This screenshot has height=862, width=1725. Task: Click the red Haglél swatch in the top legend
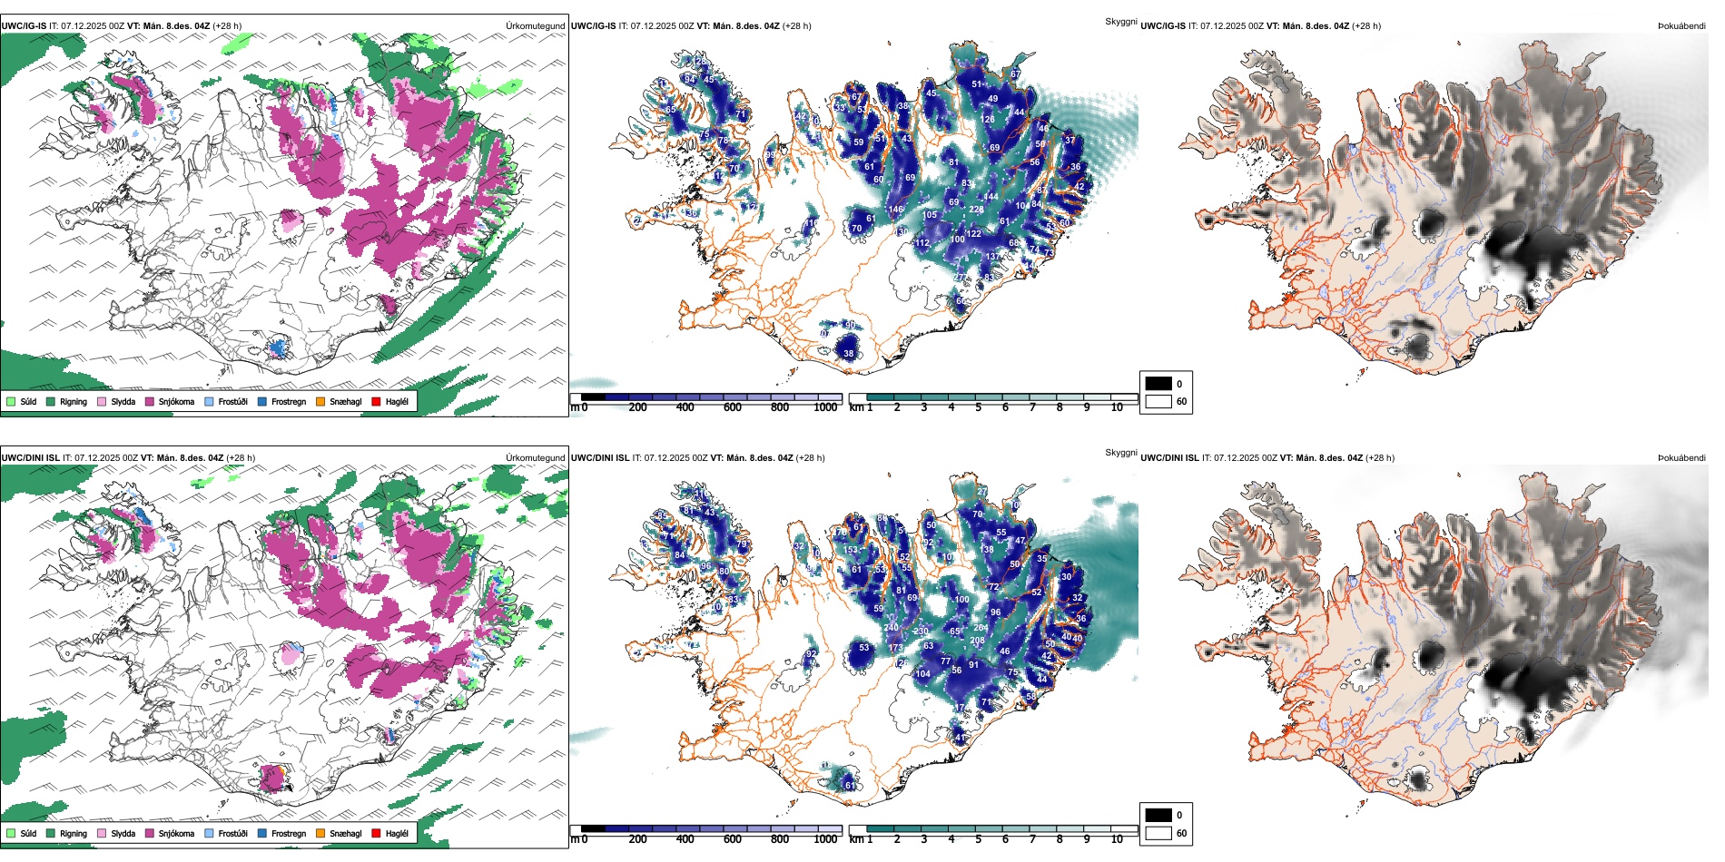point(376,401)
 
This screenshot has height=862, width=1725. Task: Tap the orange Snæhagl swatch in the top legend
point(320,401)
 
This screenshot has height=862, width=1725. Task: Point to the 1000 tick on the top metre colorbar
point(825,407)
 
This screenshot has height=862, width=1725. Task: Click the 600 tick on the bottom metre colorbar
point(732,839)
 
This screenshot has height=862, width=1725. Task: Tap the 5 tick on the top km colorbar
point(978,407)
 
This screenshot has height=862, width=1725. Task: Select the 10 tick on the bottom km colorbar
point(1117,839)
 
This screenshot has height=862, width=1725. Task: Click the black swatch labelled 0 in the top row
point(1158,384)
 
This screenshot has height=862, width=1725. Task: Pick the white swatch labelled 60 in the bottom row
point(1158,833)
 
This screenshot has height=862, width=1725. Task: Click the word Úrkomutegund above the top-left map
point(535,26)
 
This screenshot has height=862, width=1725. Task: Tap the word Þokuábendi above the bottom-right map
point(1681,458)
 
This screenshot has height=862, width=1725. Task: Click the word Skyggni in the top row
point(1120,21)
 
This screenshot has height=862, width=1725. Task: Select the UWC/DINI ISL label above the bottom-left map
point(30,458)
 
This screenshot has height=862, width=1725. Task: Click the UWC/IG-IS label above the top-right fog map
point(1162,26)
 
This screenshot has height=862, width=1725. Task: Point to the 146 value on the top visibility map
point(896,210)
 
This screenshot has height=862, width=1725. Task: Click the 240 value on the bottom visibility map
point(891,628)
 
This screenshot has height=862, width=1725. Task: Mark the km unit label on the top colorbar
point(855,407)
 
